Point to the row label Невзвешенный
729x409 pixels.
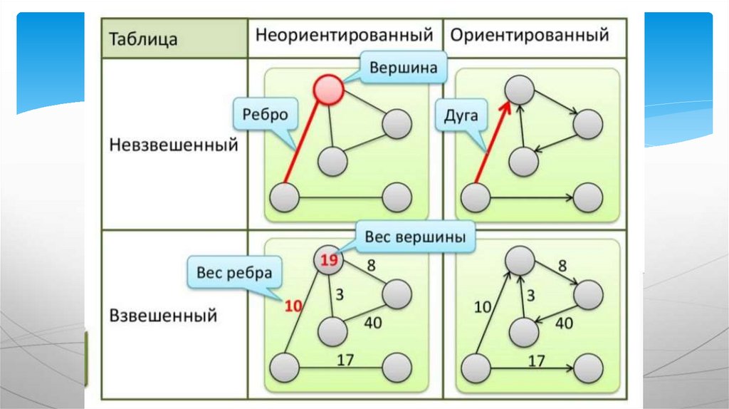173,145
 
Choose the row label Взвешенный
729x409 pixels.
163,315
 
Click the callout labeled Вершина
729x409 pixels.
402,69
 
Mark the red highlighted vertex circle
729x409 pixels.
328,89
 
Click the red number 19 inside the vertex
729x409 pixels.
328,261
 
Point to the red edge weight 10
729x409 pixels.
293,306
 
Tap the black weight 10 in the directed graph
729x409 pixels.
483,307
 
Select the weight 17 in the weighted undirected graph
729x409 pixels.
345,360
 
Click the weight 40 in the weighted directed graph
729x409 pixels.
564,323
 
